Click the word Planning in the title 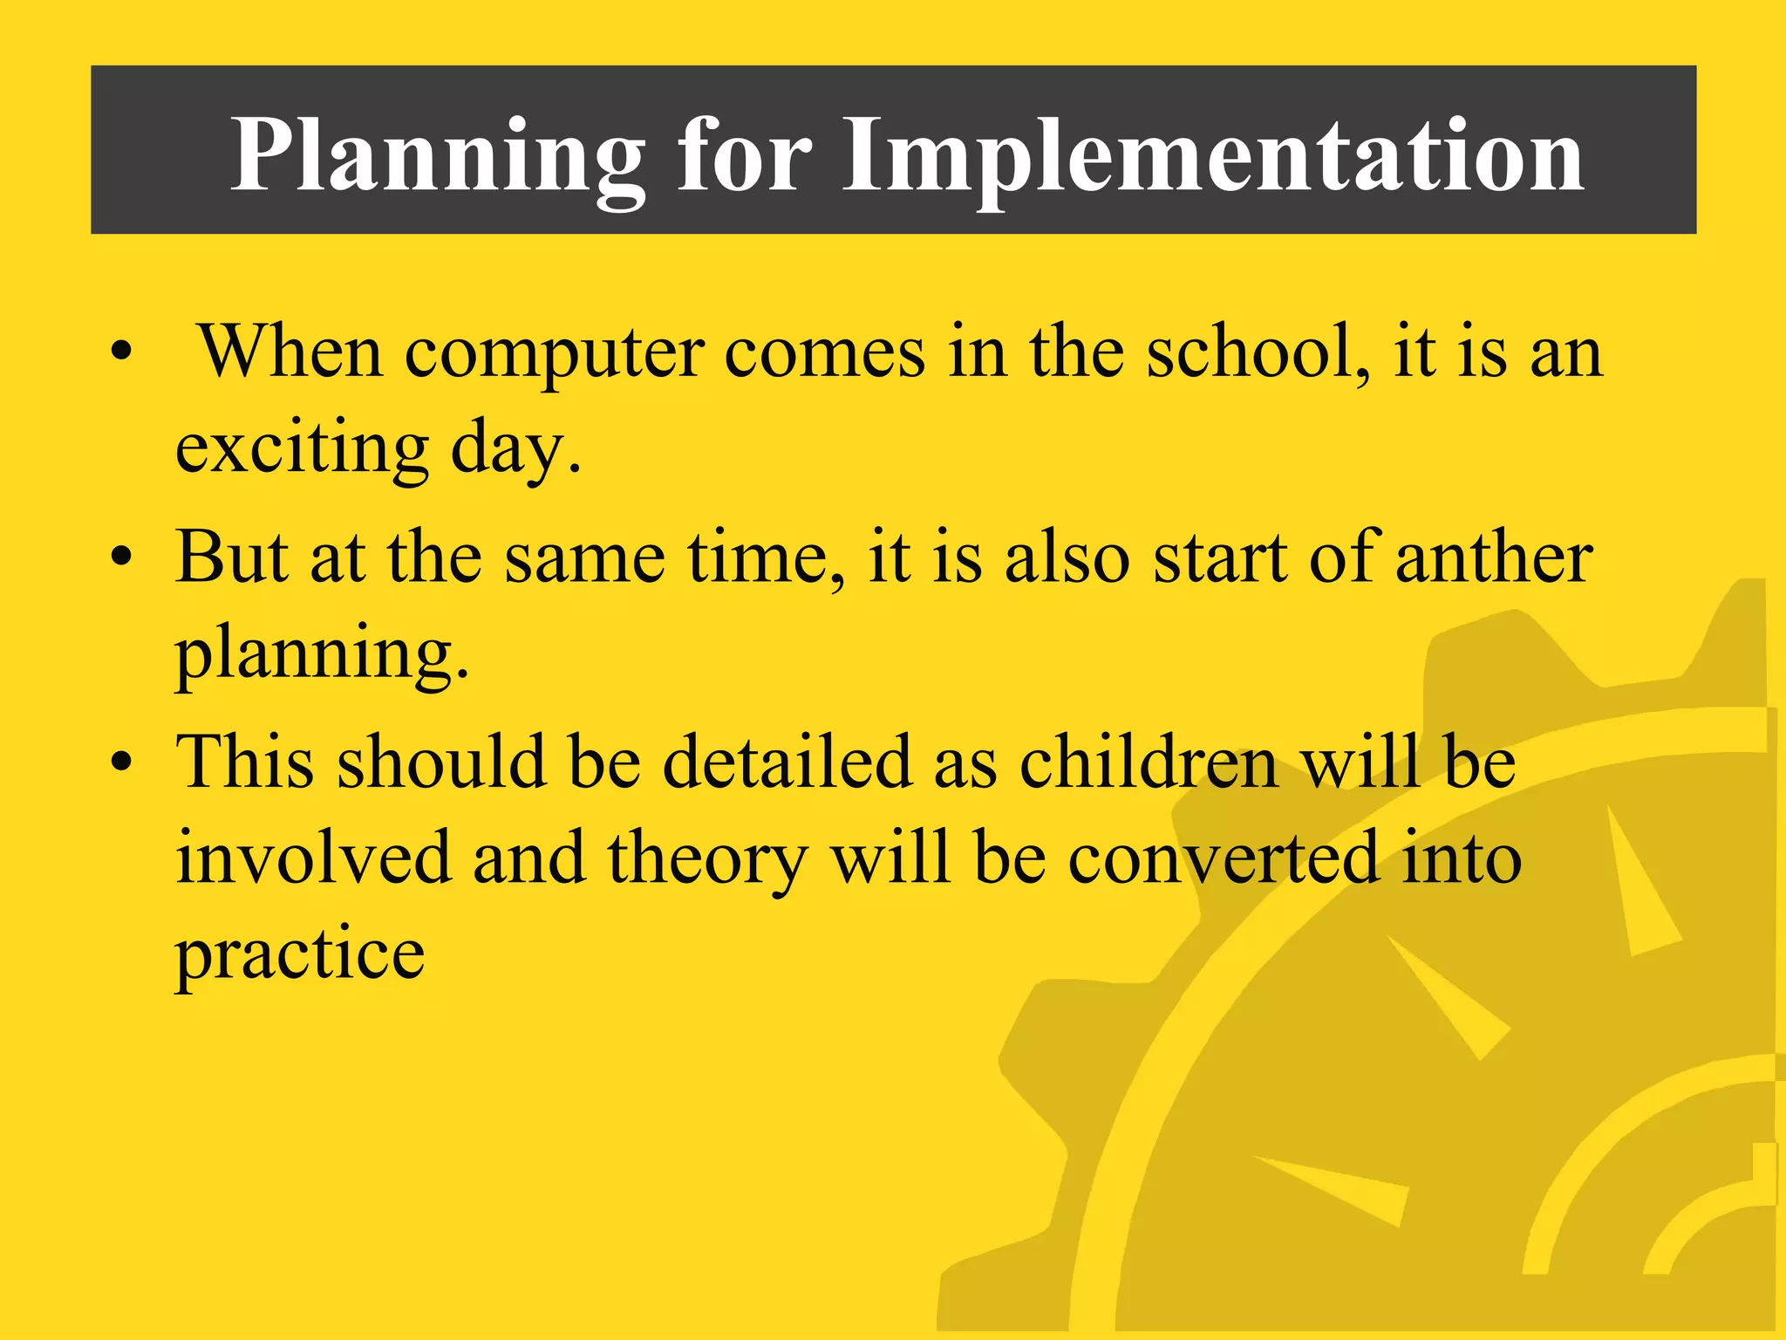coord(436,157)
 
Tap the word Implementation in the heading coord(1212,157)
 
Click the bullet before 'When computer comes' coord(122,353)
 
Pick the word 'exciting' coord(302,449)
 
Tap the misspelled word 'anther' coord(1494,558)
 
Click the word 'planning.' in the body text coord(322,654)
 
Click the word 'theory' coord(707,859)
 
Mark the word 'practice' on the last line coord(300,955)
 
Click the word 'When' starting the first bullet coord(290,353)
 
